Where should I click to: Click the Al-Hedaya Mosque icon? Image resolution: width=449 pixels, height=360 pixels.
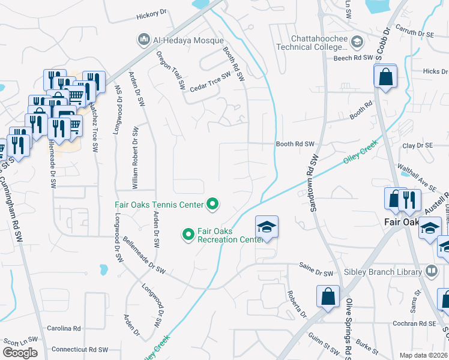tap(143, 40)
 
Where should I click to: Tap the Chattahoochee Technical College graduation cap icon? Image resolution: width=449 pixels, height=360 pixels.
tap(358, 41)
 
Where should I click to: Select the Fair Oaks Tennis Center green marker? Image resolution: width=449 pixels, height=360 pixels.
tap(212, 205)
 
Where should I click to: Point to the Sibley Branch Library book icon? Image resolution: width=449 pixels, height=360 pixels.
tap(431, 272)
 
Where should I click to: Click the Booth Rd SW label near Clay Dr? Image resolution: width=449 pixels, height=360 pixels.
tap(295, 144)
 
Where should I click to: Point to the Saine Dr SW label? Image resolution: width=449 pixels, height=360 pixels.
tap(316, 273)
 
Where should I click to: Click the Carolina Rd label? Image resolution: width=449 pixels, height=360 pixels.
tap(64, 329)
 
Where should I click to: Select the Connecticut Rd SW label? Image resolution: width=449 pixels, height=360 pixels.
tap(79, 349)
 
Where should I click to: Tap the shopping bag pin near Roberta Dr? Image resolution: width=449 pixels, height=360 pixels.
tap(328, 296)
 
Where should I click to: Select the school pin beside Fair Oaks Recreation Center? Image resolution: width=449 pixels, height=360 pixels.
tap(267, 227)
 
